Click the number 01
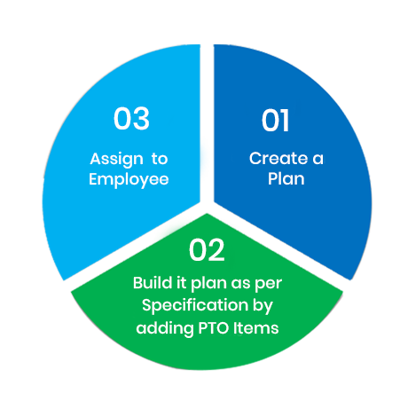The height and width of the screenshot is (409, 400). pos(275,120)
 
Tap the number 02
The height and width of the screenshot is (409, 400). pos(207,250)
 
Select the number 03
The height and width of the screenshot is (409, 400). pos(131,118)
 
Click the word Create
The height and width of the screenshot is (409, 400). pos(278,158)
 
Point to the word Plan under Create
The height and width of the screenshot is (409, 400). pos(286,178)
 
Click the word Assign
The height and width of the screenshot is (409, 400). pos(116,160)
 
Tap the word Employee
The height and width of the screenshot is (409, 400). pos(129,180)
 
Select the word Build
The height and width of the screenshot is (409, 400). pos(153,283)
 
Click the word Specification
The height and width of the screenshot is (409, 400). pos(195,305)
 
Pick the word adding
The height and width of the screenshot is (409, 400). pos(165,328)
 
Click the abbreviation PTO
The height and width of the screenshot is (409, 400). pos(214,328)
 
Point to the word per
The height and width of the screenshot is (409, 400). pos(269,284)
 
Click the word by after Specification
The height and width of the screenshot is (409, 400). pos(263,306)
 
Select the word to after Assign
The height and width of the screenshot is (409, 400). pos(160,159)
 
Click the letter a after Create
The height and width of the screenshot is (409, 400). pos(318,159)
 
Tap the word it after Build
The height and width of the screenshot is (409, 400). pos(181,283)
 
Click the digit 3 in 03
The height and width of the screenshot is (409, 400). pos(142,118)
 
